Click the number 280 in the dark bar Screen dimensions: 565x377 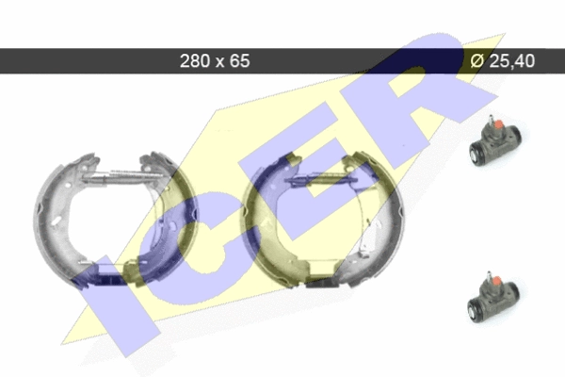195,60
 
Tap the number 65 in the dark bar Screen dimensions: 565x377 240,60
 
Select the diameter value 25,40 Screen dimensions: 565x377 512,60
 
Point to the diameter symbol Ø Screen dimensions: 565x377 477,60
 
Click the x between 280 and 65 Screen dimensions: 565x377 219,62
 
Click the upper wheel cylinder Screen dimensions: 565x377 495,141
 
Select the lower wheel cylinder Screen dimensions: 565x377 493,297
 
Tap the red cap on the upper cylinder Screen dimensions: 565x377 499,125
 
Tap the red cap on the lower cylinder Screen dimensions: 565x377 496,282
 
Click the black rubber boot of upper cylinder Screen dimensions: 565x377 477,154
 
